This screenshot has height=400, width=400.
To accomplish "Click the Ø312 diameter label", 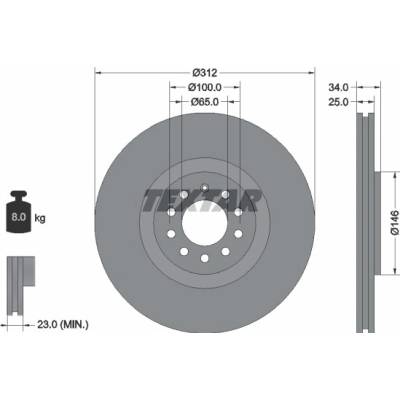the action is coord(205,72).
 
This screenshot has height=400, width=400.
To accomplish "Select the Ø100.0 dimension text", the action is coord(205,87).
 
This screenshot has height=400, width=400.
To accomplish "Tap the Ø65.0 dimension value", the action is coord(205,102).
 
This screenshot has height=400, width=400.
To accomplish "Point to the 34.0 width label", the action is coord(338,87).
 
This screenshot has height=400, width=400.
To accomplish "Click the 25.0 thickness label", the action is coord(338,102).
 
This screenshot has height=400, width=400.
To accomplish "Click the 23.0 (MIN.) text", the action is coord(63,324).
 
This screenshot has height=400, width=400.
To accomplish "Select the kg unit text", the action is coord(40,219).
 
